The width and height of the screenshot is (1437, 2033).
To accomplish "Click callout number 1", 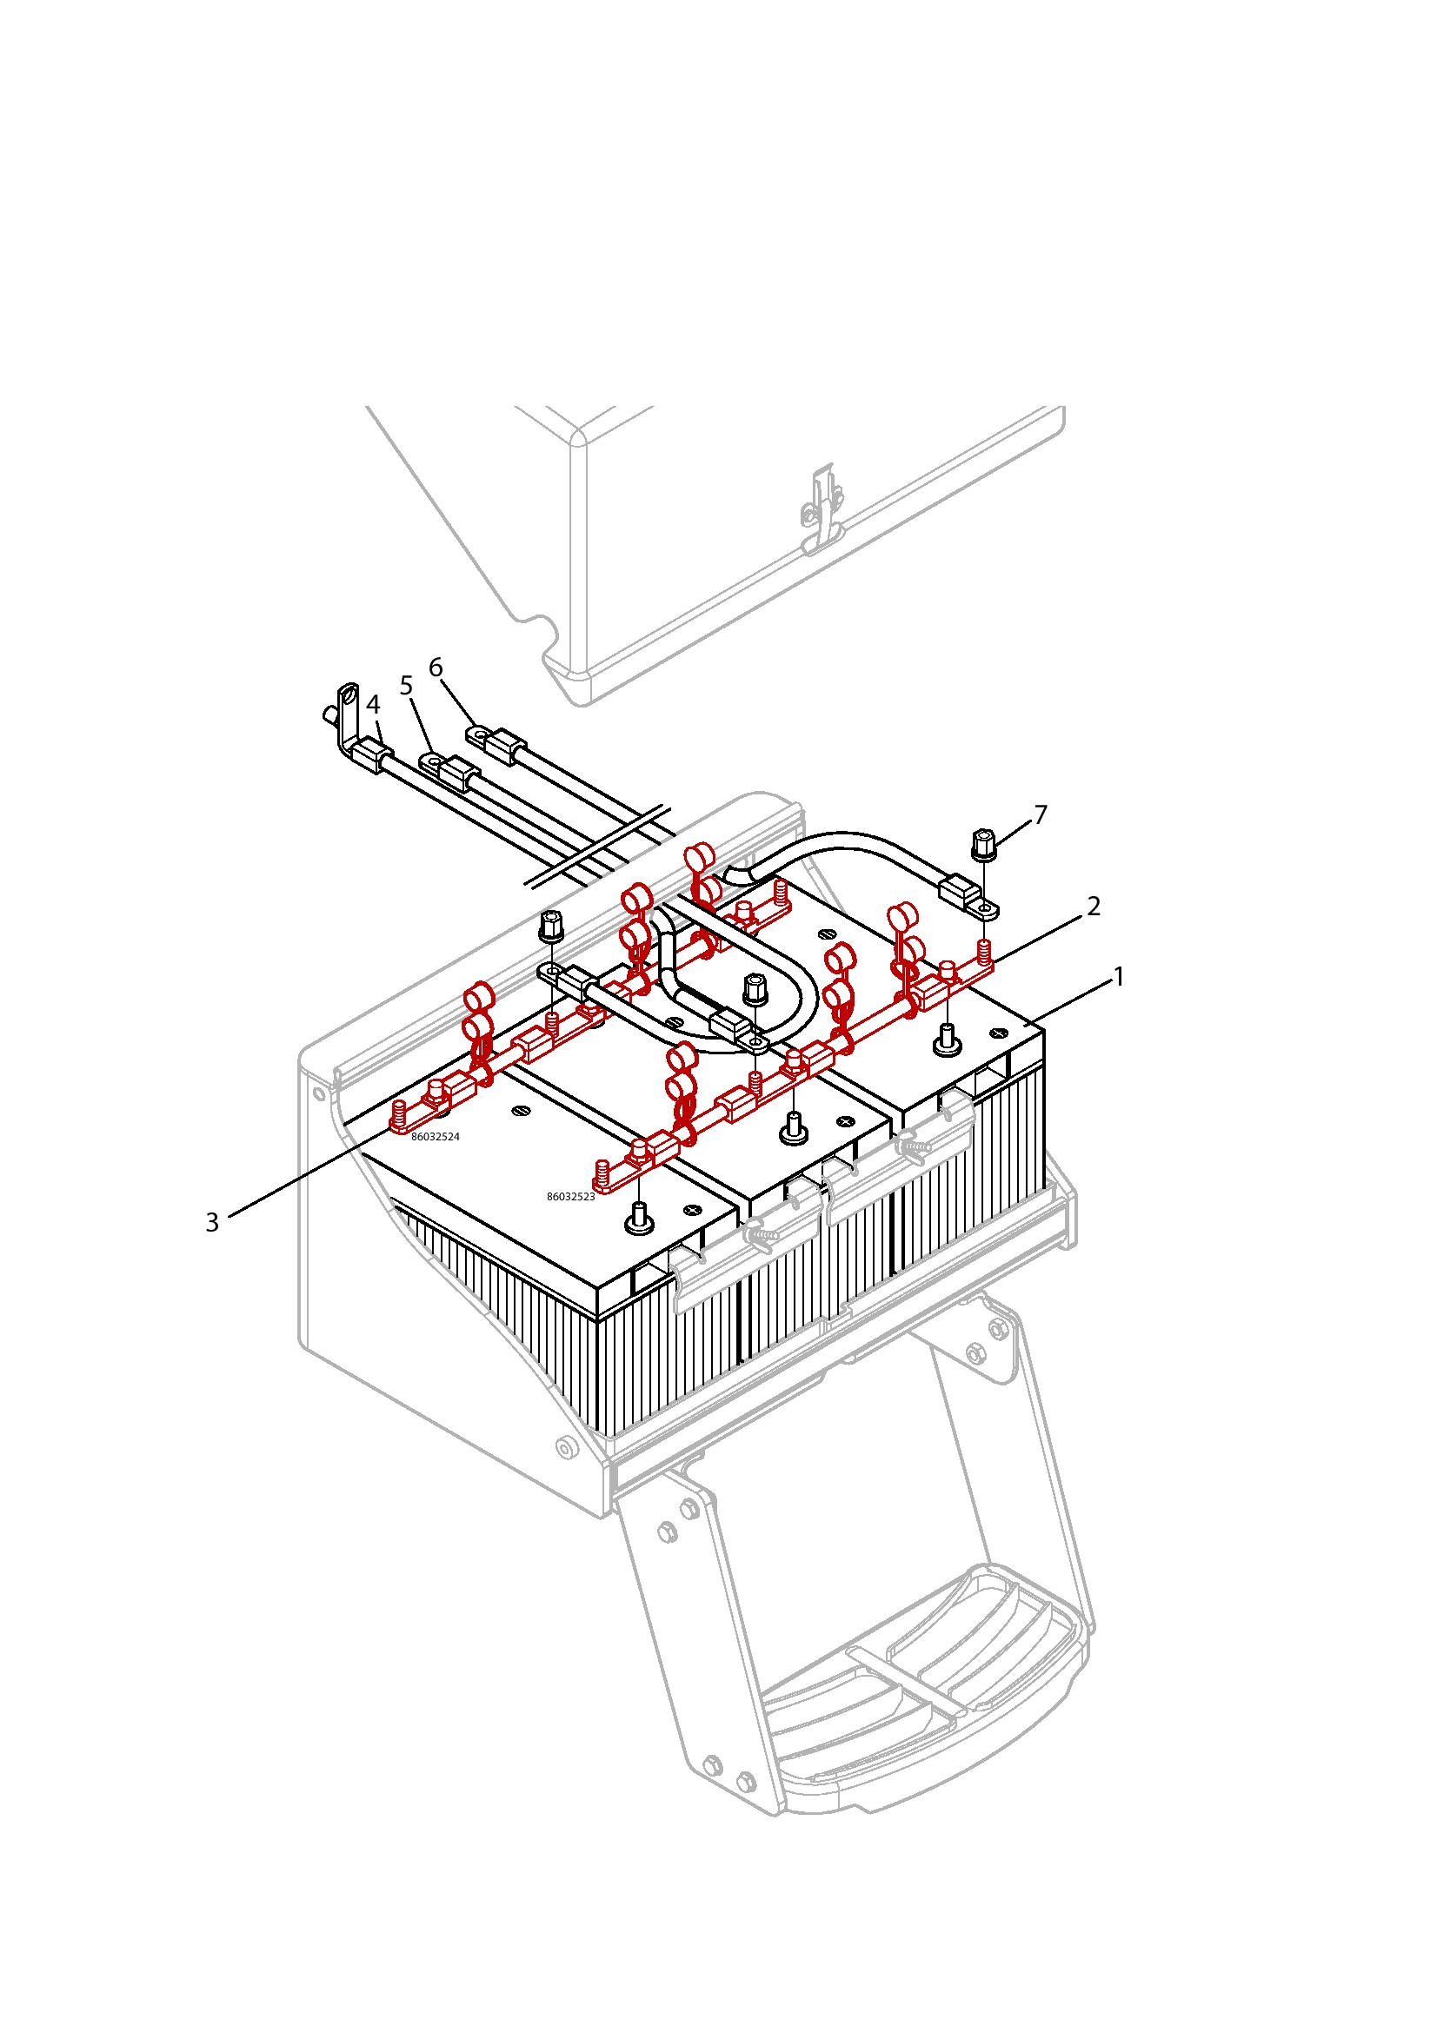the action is coord(1118,977).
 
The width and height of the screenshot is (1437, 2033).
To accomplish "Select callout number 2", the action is coord(1094,906).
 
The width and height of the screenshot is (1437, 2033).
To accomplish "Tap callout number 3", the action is coord(212,1222).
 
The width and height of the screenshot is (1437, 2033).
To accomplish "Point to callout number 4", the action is coord(373,704).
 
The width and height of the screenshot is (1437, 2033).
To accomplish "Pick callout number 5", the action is coord(406,685).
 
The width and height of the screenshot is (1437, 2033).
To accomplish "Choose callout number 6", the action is coord(436,667).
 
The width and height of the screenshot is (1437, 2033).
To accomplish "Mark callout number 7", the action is coord(1041,814).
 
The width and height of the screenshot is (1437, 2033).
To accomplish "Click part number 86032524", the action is coord(435,1137).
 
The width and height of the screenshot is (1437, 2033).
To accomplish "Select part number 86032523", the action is coord(570,1197).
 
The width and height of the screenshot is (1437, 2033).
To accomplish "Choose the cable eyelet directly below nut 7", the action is coord(983,907).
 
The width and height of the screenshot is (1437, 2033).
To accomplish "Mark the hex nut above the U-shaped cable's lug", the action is coord(754,988).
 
